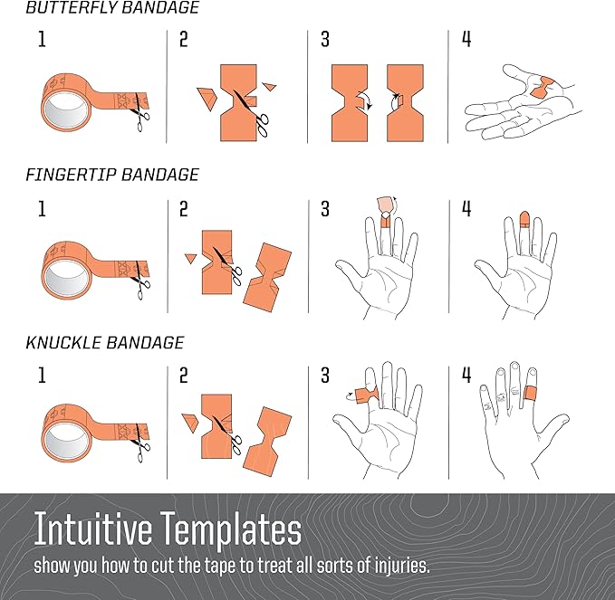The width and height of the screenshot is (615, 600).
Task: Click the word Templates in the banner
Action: pyautogui.click(x=231, y=529)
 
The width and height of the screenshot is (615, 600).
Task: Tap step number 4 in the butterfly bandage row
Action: pyautogui.click(x=466, y=39)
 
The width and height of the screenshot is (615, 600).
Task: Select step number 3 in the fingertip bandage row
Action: pyautogui.click(x=325, y=209)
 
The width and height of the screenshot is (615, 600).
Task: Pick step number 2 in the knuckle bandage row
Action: pyautogui.click(x=184, y=376)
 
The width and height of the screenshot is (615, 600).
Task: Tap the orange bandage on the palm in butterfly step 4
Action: pyautogui.click(x=543, y=88)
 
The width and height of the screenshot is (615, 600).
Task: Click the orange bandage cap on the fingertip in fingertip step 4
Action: pyautogui.click(x=524, y=219)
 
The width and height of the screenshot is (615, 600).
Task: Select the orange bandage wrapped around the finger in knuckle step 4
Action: pyautogui.click(x=531, y=393)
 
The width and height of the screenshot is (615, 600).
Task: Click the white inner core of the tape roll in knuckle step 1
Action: pyautogui.click(x=65, y=440)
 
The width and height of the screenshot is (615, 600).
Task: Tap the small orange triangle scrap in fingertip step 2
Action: pyautogui.click(x=190, y=258)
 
